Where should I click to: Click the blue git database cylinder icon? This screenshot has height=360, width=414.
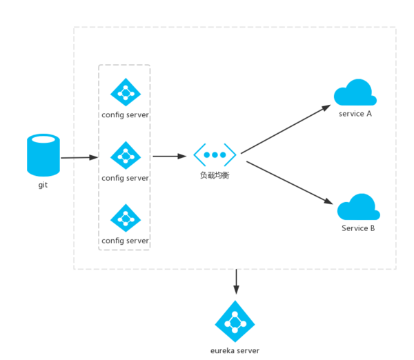[43, 156]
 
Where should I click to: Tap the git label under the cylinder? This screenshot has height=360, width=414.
[43, 185]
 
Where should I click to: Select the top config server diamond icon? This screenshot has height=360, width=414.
[125, 92]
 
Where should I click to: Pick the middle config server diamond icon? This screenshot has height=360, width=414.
[125, 155]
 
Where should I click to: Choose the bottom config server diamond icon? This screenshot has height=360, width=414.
[125, 218]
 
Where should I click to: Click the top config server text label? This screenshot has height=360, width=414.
[125, 114]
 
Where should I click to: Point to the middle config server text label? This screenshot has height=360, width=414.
[125, 178]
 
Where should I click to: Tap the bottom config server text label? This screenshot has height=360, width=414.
[125, 241]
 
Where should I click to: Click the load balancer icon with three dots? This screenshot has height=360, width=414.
[215, 154]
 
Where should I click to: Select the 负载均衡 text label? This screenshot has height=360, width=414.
[215, 176]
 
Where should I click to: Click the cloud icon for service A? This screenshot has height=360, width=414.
[355, 93]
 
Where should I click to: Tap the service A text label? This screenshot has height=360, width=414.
[355, 113]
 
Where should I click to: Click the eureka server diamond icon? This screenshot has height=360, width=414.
[235, 321]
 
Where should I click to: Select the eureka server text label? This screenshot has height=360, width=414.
[235, 350]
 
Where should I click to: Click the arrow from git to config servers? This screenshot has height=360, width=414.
[79, 158]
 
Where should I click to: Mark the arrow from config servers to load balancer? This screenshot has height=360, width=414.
[169, 156]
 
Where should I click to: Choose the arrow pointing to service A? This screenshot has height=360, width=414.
[285, 128]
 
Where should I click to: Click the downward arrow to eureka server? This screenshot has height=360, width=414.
[236, 282]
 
